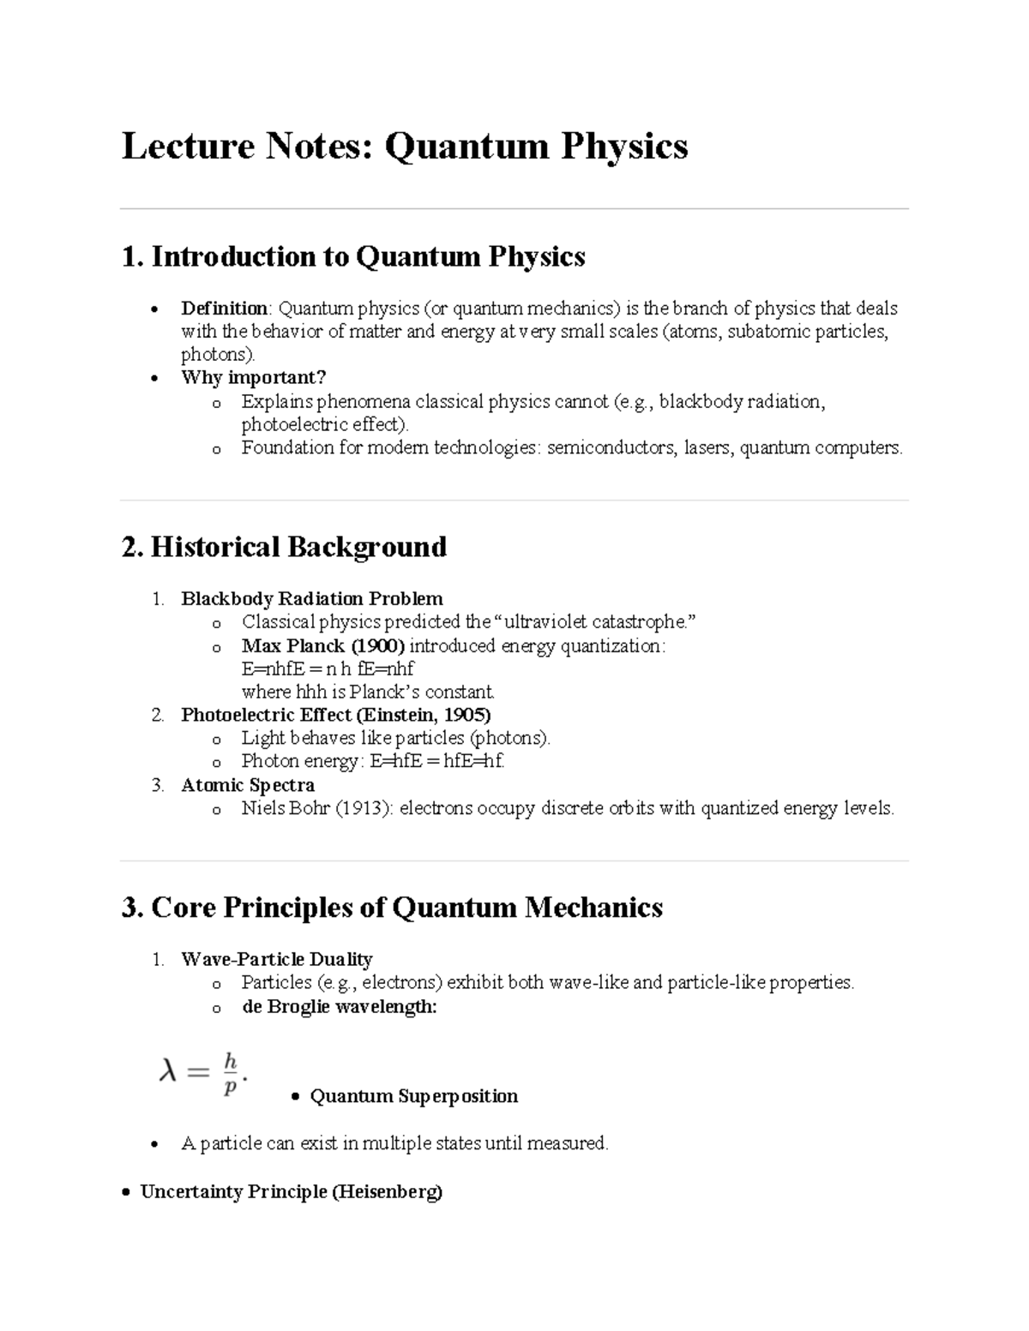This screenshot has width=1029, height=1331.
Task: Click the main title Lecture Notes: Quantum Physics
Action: (x=404, y=146)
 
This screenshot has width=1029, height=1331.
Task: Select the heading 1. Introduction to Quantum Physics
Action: (x=353, y=256)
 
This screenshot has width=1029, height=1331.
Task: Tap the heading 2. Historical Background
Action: (x=284, y=547)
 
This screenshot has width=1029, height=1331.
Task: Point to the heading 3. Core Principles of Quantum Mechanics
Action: (x=392, y=908)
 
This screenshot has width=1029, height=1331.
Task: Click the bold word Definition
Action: (x=224, y=309)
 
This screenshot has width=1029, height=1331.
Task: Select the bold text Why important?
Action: (x=253, y=378)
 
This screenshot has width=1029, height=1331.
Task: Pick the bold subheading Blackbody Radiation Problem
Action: (x=311, y=598)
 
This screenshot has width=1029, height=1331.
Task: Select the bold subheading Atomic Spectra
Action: (x=248, y=785)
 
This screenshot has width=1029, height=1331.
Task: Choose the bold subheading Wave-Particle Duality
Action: (x=276, y=959)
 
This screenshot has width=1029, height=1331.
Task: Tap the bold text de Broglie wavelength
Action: (x=339, y=1006)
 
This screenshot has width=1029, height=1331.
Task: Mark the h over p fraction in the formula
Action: (x=229, y=1074)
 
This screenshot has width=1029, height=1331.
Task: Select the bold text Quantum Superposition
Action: (x=413, y=1096)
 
